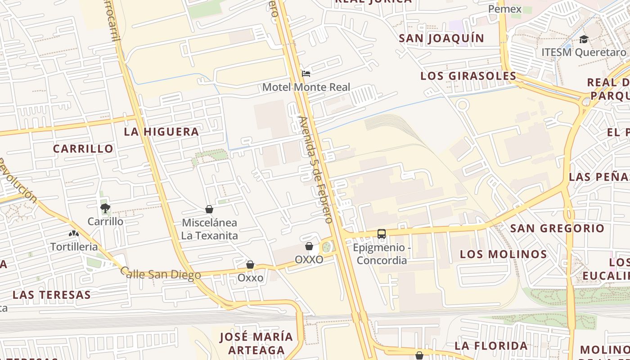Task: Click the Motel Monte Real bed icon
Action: tap(306, 74)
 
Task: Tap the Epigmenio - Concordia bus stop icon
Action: tap(382, 234)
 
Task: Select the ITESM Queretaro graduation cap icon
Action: tap(584, 39)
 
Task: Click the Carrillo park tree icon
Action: tap(105, 208)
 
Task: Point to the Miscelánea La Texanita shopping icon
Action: tap(209, 209)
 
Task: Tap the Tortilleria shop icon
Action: tap(74, 234)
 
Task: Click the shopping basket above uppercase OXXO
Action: tap(309, 246)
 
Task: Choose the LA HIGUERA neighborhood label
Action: tap(162, 132)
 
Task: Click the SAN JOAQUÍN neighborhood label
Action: tap(441, 39)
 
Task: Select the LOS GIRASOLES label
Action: tap(468, 76)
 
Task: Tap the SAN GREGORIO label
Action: tap(557, 228)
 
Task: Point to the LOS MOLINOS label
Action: tap(504, 254)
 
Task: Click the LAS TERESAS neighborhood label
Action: tap(52, 295)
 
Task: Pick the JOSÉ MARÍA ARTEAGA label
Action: tap(256, 343)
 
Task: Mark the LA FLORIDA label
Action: tap(491, 346)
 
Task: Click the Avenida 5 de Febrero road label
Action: tap(316, 170)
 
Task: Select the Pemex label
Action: tap(505, 9)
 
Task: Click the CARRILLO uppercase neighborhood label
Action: tap(83, 148)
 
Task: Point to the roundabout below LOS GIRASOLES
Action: tap(462, 105)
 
